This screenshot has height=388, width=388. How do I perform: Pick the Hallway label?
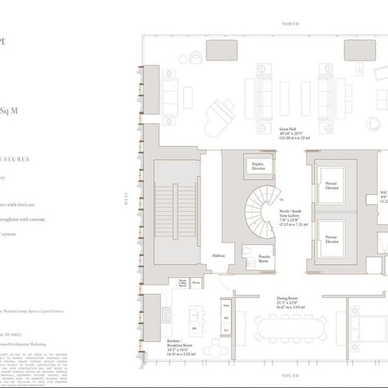click(x=219, y=256)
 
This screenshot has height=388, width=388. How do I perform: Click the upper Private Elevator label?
click(x=331, y=186)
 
